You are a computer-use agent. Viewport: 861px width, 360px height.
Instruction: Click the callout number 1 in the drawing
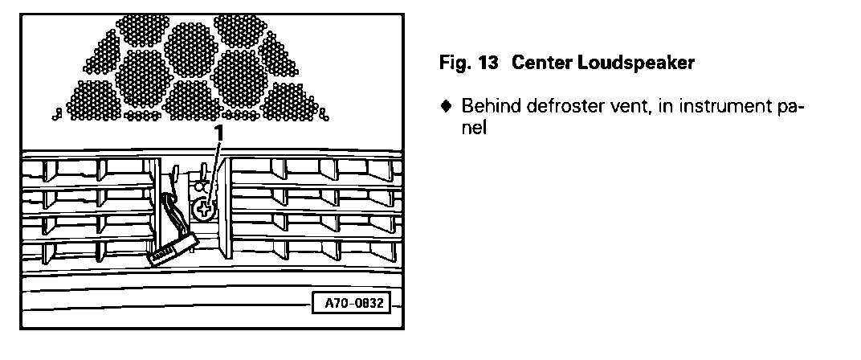tap(216, 131)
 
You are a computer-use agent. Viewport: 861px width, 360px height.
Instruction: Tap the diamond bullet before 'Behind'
tap(445, 106)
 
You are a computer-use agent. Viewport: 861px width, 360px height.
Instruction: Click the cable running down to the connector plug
tap(169, 213)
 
